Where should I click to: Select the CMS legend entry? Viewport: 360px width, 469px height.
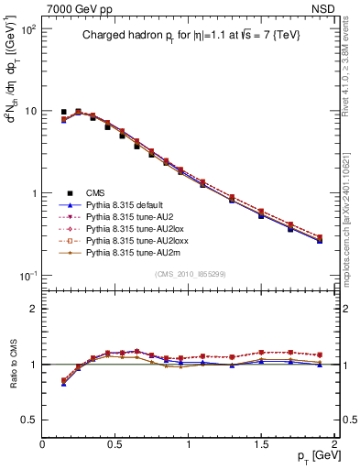tap(95, 191)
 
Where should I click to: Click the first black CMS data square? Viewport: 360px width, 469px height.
tap(63, 112)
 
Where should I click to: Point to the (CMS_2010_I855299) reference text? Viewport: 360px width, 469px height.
tap(189, 275)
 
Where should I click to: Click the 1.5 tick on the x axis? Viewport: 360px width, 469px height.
tap(261, 444)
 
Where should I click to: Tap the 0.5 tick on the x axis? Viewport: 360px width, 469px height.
tap(115, 444)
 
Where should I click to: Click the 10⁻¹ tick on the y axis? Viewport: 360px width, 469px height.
tap(27, 276)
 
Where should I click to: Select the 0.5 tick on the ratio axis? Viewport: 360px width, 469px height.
tap(29, 420)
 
